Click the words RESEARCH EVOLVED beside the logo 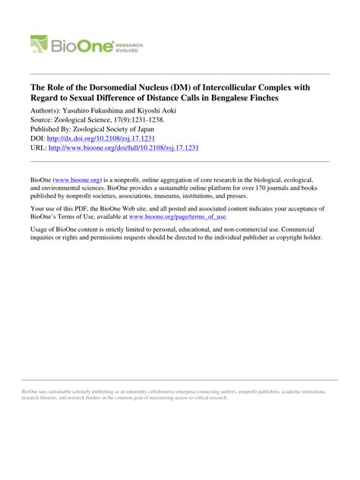click(x=128, y=47)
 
